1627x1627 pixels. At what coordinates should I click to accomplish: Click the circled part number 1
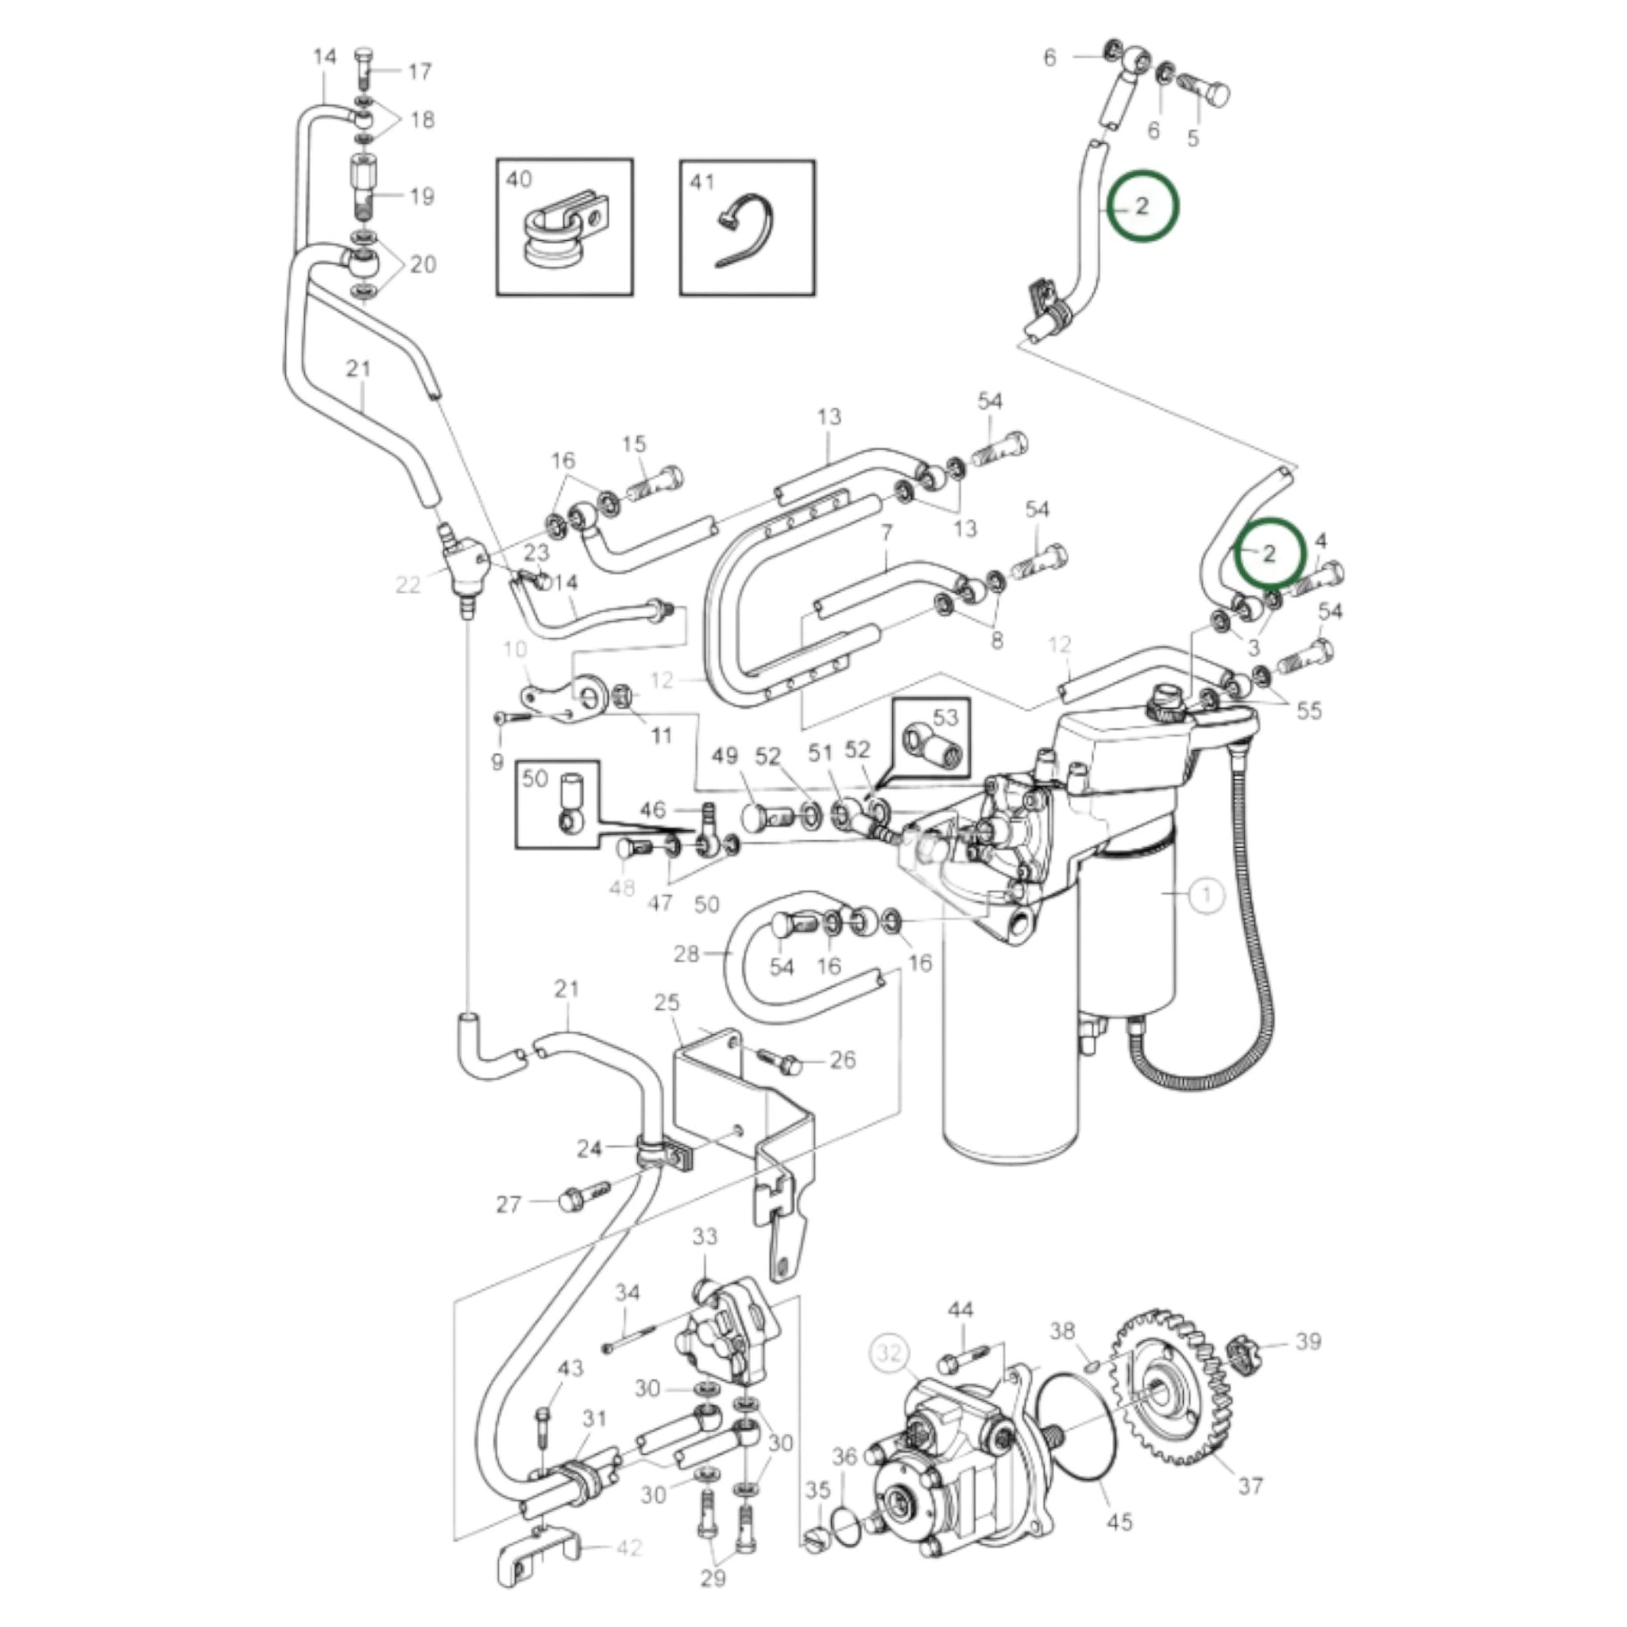1207,895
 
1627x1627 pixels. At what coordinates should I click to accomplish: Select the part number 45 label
1120,1522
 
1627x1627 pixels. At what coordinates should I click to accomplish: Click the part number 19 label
421,197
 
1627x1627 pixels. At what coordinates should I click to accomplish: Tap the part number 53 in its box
946,717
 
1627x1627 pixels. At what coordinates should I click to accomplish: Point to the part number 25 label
666,1002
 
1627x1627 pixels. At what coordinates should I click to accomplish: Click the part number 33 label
705,1236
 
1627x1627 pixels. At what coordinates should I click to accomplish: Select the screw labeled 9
514,717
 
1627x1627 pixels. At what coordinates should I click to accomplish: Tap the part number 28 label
686,954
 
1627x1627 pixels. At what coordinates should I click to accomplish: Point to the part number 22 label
408,584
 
